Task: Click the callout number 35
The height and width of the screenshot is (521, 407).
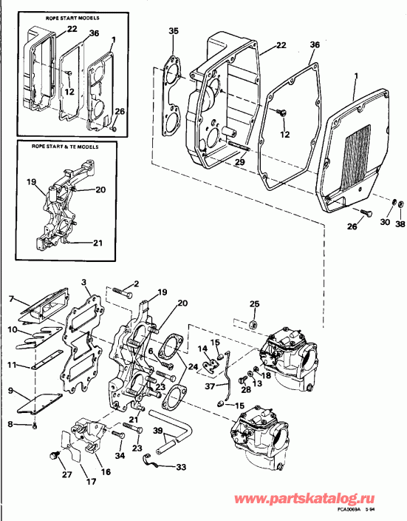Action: click(x=174, y=31)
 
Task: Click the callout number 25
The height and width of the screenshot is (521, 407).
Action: click(x=254, y=304)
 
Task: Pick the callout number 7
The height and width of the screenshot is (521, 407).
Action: click(x=11, y=298)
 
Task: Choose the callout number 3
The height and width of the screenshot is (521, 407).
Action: click(x=85, y=282)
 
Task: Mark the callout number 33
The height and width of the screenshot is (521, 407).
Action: click(x=181, y=467)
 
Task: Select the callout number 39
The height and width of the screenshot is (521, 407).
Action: click(x=157, y=431)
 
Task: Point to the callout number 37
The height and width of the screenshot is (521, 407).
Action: click(x=211, y=386)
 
